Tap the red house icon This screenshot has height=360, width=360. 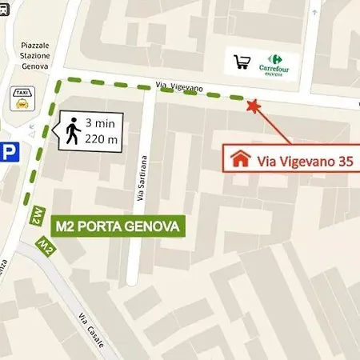click(x=238, y=158)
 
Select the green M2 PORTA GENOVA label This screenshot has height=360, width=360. click(x=118, y=226)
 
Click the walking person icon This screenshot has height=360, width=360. click(x=73, y=131)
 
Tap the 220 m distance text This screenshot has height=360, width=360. click(x=100, y=140)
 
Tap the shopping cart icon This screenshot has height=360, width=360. click(x=242, y=62)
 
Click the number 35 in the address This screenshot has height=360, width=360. click(x=344, y=160)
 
